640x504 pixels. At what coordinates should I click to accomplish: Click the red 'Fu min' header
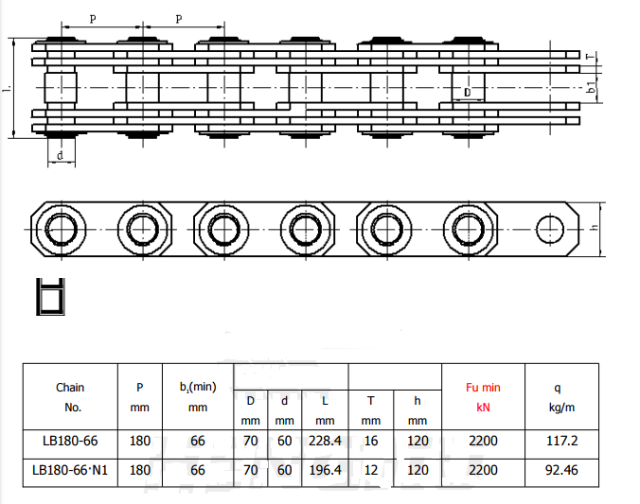tap(483, 388)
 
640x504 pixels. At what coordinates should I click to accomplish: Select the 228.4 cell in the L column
tap(325, 442)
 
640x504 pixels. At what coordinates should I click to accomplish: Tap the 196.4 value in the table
tap(325, 469)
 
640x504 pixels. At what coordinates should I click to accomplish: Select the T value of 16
tap(371, 442)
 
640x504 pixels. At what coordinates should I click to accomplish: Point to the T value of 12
tap(371, 469)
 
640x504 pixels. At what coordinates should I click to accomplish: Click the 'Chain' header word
tap(70, 388)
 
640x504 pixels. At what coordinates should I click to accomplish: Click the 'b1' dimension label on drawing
tap(591, 90)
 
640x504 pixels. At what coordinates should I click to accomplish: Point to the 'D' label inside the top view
tap(466, 93)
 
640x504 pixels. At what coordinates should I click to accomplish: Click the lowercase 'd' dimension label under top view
tap(61, 155)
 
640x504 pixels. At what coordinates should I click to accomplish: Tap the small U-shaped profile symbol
tap(49, 295)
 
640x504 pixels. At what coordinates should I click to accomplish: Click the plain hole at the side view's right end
tap(549, 228)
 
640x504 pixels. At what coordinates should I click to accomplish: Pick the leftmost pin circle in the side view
tap(61, 228)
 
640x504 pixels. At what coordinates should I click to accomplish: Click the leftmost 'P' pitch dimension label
tap(92, 19)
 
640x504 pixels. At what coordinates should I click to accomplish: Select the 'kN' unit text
tap(483, 408)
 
